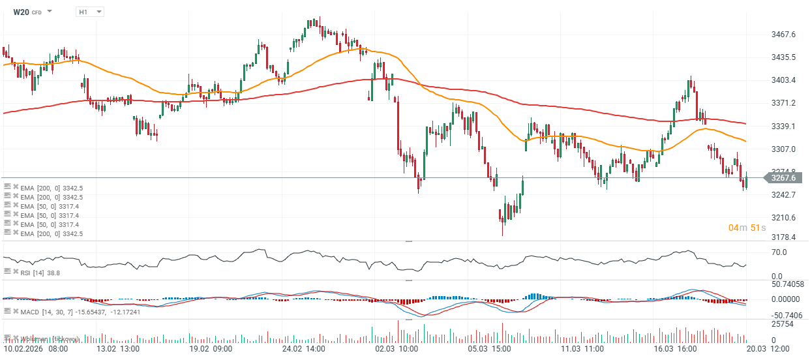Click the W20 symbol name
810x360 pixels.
click(22, 12)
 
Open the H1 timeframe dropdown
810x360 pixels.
click(89, 12)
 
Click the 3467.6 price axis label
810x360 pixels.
click(785, 35)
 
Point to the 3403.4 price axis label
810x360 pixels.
click(785, 80)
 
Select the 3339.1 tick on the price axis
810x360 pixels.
click(785, 126)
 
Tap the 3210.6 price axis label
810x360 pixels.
click(785, 217)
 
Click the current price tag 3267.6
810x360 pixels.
click(784, 177)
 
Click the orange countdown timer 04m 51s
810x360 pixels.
click(747, 228)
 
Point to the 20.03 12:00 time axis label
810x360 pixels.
click(770, 349)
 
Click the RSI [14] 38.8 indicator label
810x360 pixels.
click(40, 272)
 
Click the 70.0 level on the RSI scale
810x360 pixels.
click(779, 252)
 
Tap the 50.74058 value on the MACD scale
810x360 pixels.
click(788, 284)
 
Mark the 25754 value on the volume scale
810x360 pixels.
click(781, 324)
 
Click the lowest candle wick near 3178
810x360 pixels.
click(502, 233)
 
